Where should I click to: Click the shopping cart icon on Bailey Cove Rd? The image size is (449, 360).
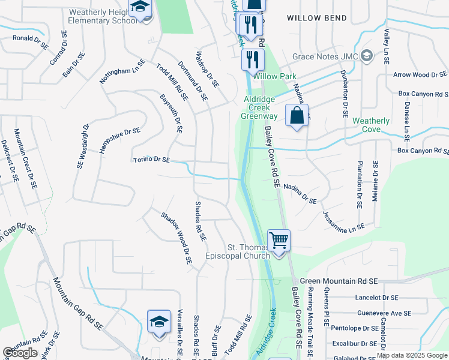(279, 241)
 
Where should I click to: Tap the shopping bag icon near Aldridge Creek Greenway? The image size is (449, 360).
(297, 115)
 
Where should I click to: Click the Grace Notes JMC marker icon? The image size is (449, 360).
(367, 56)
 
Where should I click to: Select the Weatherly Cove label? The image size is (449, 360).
(370, 125)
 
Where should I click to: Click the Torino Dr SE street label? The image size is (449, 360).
(152, 160)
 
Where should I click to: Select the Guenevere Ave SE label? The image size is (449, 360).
(384, 313)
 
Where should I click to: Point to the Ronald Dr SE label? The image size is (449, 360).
(30, 39)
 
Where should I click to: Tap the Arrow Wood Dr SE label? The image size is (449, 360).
(420, 75)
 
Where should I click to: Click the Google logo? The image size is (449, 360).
(20, 353)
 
